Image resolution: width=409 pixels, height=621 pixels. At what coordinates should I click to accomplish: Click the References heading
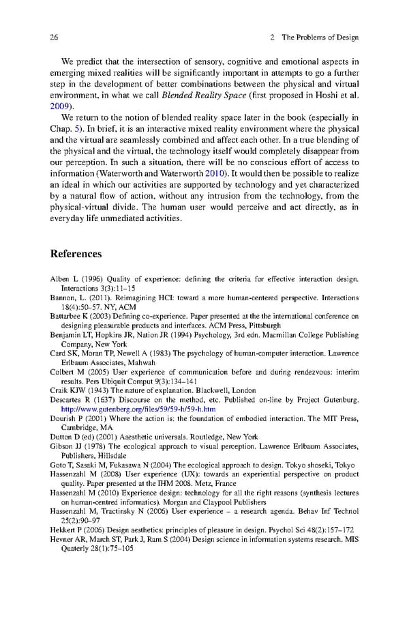pyautogui.click(x=76, y=254)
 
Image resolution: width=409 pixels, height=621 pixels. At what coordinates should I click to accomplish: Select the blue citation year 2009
pyautogui.click(x=61, y=106)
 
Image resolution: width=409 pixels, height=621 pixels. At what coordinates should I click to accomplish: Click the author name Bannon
pyautogui.click(x=65, y=298)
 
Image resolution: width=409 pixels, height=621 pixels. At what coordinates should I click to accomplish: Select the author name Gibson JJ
pyautogui.click(x=67, y=446)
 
